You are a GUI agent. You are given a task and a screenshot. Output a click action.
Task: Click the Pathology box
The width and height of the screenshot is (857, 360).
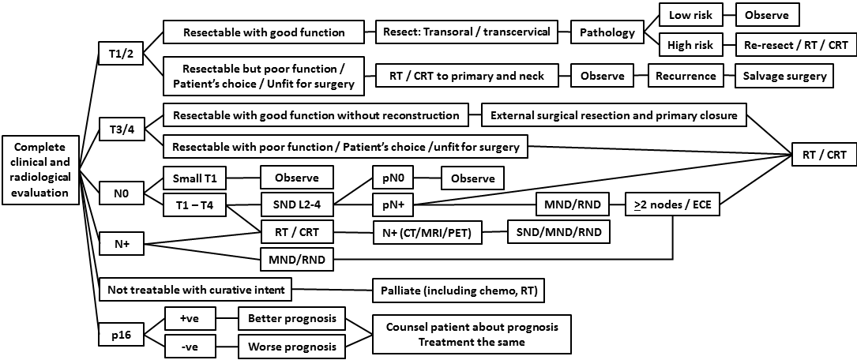click(x=607, y=33)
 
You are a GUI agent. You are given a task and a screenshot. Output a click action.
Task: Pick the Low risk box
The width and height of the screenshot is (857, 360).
click(x=690, y=15)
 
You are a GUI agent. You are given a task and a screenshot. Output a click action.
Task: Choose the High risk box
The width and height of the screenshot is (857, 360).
click(x=691, y=45)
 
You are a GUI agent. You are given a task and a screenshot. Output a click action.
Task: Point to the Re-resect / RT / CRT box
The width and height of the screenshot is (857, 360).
click(x=795, y=45)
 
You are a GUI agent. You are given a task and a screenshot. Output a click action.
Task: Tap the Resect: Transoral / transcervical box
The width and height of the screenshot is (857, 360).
click(x=474, y=33)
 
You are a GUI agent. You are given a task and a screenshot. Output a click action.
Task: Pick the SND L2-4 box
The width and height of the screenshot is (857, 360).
click(x=298, y=207)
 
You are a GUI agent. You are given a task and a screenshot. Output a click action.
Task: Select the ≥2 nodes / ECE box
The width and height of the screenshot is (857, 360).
click(x=672, y=208)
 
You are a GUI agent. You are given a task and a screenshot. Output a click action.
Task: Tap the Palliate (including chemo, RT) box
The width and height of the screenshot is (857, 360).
click(x=458, y=291)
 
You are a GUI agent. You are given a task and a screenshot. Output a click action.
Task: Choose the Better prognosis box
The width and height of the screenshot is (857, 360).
click(x=292, y=320)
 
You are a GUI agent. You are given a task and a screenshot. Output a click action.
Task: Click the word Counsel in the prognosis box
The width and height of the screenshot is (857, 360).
click(x=408, y=327)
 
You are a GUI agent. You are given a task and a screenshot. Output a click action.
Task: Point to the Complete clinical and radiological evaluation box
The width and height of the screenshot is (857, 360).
click(x=42, y=169)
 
